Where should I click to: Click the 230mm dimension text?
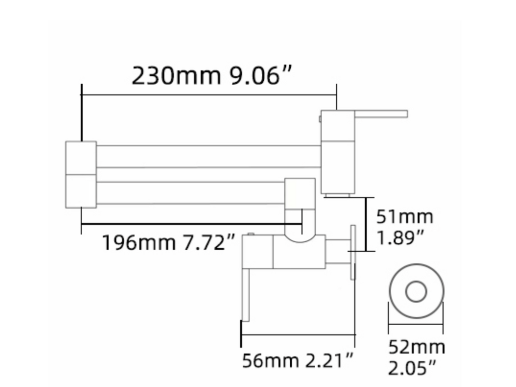pos(176,76)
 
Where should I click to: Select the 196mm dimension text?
pos(139,242)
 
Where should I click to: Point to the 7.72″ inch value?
pos(209,242)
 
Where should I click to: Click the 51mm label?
pos(405,217)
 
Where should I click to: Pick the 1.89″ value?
pos(400,237)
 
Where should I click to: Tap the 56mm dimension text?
pos(270,361)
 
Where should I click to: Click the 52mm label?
pos(416,347)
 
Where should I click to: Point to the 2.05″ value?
pos(412,368)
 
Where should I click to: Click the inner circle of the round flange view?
pos(416,291)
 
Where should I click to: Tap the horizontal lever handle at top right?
pos(381,114)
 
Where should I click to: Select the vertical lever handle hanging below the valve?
pos(245,295)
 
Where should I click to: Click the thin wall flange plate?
pos(353,252)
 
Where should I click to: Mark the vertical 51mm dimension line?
pos(366,224)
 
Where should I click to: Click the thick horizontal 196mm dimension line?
pos(191,224)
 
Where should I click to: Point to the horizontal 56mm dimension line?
pos(298,335)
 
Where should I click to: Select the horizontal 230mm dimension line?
pos(209,95)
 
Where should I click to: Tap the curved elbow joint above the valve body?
pos(300,237)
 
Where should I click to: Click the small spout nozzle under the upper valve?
pos(337,195)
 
